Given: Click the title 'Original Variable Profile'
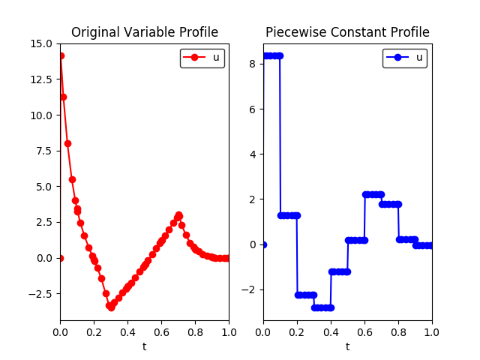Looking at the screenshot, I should [x=144, y=32].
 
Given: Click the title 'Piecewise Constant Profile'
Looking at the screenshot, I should [x=347, y=32].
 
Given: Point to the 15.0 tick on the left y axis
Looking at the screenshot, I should [x=41, y=43].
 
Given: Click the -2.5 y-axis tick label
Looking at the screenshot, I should [x=40, y=293].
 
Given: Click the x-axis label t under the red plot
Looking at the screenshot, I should [x=144, y=346].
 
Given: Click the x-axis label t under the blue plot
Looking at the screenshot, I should [x=347, y=346].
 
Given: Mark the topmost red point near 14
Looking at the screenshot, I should [x=61, y=55].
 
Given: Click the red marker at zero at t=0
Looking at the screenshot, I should [x=60, y=258].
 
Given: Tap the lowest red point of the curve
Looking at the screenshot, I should [x=111, y=307].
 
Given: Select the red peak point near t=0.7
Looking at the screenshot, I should [x=178, y=215].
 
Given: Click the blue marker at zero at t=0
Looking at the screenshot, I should [x=263, y=244].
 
